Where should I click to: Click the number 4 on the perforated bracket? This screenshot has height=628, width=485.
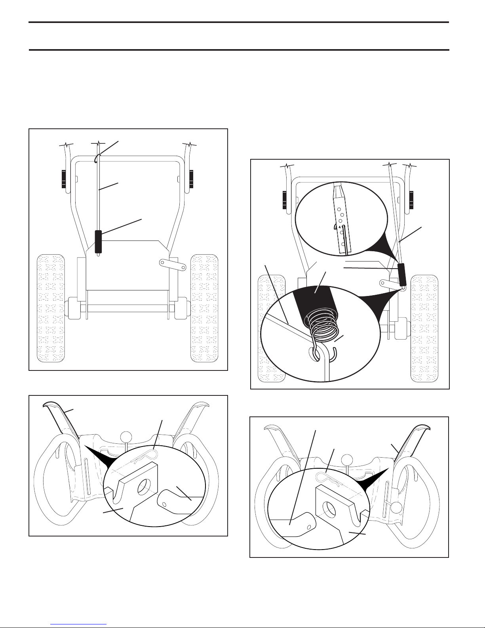[335, 227]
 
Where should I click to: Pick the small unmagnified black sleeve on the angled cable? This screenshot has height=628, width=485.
[402, 275]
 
